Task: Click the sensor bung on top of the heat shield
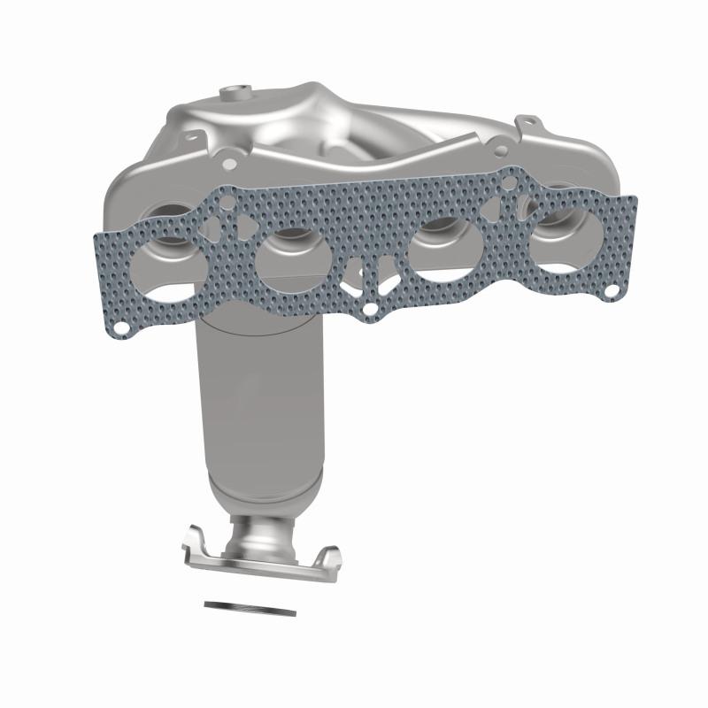click(x=236, y=91)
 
